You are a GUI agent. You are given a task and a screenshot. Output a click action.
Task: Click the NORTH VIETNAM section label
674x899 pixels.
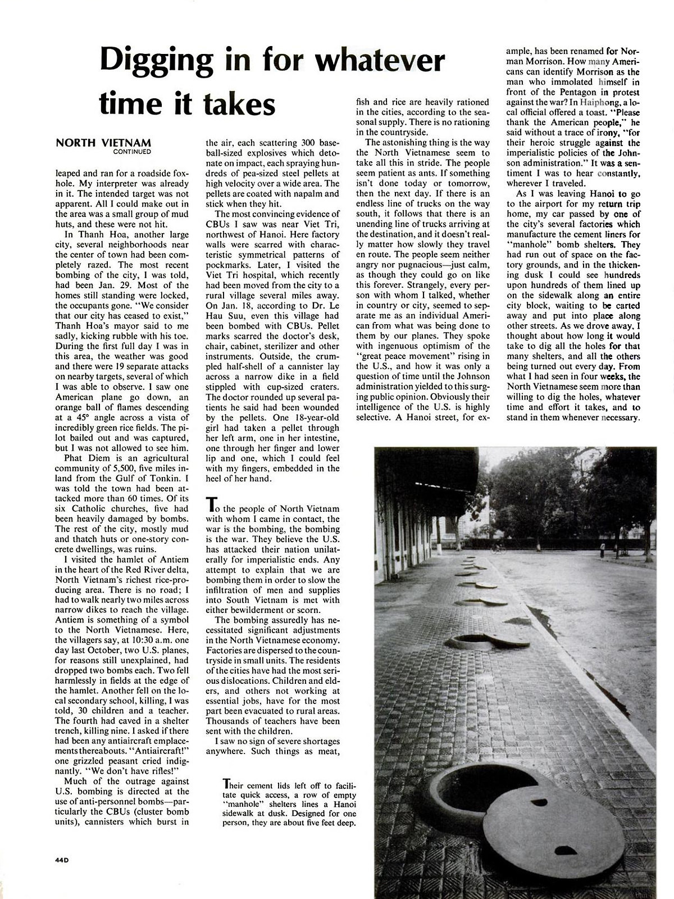coord(103,143)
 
